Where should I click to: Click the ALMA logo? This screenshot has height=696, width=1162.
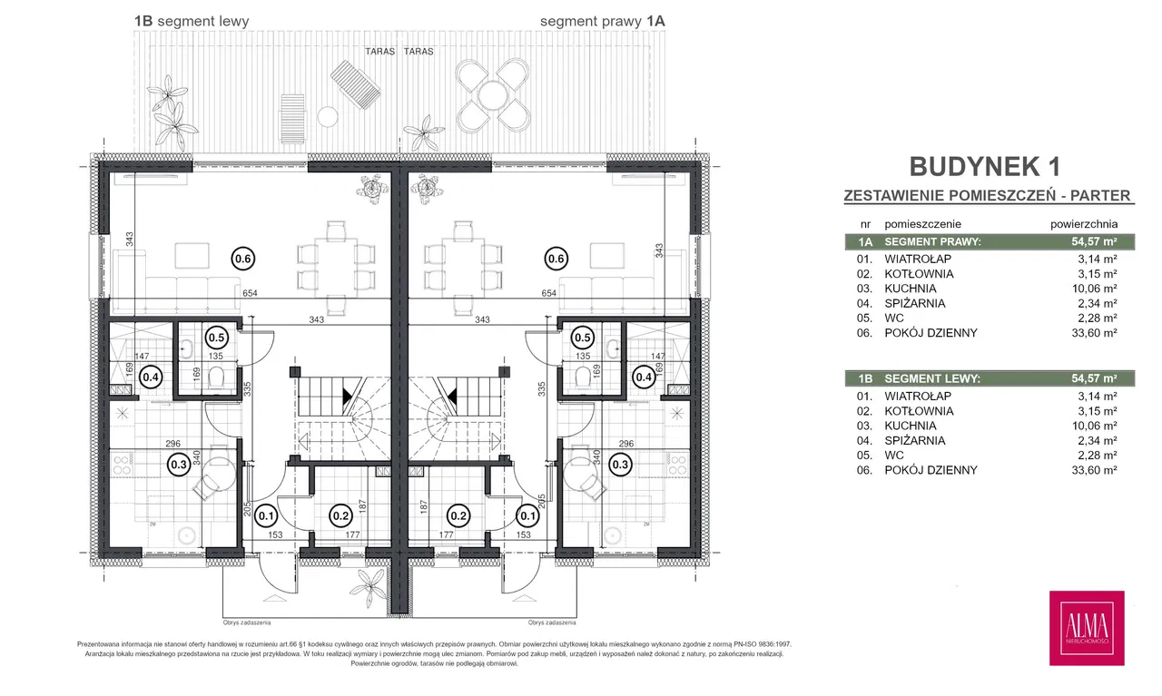pyautogui.click(x=1087, y=627)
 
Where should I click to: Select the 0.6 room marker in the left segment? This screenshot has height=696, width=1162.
pyautogui.click(x=243, y=259)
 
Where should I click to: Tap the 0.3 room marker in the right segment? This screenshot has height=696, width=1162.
pyautogui.click(x=621, y=465)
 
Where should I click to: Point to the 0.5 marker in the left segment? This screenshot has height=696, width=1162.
pyautogui.click(x=216, y=337)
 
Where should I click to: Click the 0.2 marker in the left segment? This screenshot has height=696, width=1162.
pyautogui.click(x=340, y=516)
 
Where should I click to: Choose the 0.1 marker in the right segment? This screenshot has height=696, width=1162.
pyautogui.click(x=527, y=516)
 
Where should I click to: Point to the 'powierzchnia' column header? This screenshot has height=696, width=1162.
pyautogui.click(x=1083, y=223)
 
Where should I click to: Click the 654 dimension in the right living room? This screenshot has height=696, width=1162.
pyautogui.click(x=548, y=293)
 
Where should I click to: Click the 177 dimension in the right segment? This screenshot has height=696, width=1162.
pyautogui.click(x=447, y=535)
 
